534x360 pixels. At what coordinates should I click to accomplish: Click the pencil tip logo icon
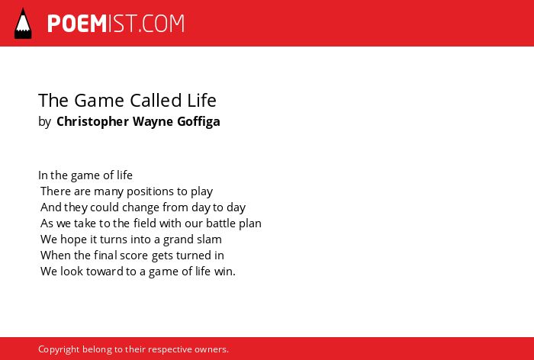[x=23, y=24]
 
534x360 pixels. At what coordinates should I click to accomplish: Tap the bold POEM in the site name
[x=77, y=24]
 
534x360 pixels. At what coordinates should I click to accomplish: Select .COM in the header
[x=162, y=24]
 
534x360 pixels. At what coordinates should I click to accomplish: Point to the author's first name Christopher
[x=92, y=122]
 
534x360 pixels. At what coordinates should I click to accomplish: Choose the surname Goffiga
[x=198, y=122]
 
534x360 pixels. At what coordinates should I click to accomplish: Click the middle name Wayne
[x=153, y=122]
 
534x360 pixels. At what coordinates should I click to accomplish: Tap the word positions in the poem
[x=150, y=191]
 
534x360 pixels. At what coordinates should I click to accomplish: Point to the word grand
[x=175, y=239]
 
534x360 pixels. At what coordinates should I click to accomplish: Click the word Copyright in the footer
[x=59, y=349]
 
